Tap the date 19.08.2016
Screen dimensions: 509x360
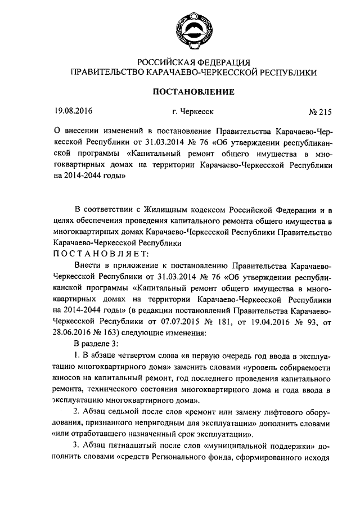[x=72, y=112]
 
